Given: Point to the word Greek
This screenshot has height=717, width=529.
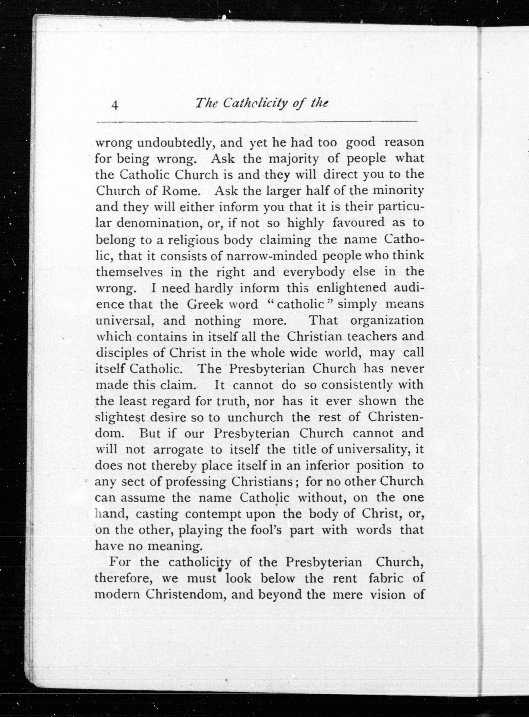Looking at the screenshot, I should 205,304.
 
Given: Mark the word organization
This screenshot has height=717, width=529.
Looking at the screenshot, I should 387,321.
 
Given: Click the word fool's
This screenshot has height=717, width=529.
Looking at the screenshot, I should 266,530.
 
